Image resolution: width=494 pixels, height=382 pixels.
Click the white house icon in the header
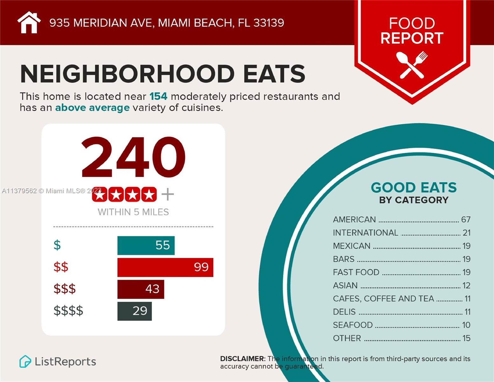click(29, 23)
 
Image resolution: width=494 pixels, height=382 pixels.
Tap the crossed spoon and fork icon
click(412, 65)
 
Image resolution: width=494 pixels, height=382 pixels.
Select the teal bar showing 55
click(146, 245)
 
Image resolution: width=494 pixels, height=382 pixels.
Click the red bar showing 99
click(165, 267)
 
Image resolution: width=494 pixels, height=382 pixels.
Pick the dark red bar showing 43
click(141, 289)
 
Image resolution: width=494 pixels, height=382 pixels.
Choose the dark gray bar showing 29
click(134, 311)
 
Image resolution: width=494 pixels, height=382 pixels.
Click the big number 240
click(133, 157)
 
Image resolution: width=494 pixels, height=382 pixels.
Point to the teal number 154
click(158, 96)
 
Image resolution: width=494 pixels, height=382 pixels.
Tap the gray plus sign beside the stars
click(168, 194)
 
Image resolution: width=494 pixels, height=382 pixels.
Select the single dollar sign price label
click(57, 245)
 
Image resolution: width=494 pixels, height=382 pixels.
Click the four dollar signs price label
click(68, 311)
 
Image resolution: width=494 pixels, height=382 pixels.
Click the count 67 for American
click(466, 220)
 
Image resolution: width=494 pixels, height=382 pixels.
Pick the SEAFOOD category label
click(352, 325)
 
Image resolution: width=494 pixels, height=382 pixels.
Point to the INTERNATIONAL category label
click(365, 233)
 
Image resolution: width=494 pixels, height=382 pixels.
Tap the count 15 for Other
click(466, 338)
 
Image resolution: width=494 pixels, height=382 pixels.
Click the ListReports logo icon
click(25, 362)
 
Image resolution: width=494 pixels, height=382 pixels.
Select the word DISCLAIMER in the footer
click(242, 359)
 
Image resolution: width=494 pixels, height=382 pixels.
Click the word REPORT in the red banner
click(412, 38)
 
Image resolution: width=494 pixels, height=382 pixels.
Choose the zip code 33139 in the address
click(269, 23)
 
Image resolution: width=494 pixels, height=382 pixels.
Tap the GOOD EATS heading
click(414, 188)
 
